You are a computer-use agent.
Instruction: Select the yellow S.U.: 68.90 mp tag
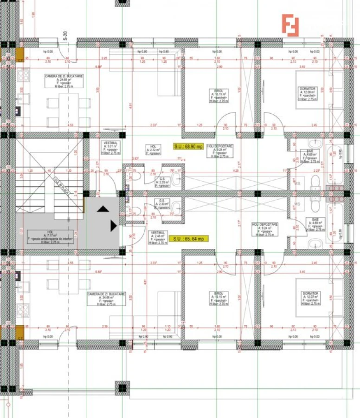[188, 146]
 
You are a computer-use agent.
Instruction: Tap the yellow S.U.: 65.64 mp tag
[188, 239]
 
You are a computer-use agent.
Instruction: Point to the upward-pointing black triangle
[103, 209]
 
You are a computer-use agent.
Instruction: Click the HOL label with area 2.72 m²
[153, 149]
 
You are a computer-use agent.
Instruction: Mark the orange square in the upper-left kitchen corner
[20, 54]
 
